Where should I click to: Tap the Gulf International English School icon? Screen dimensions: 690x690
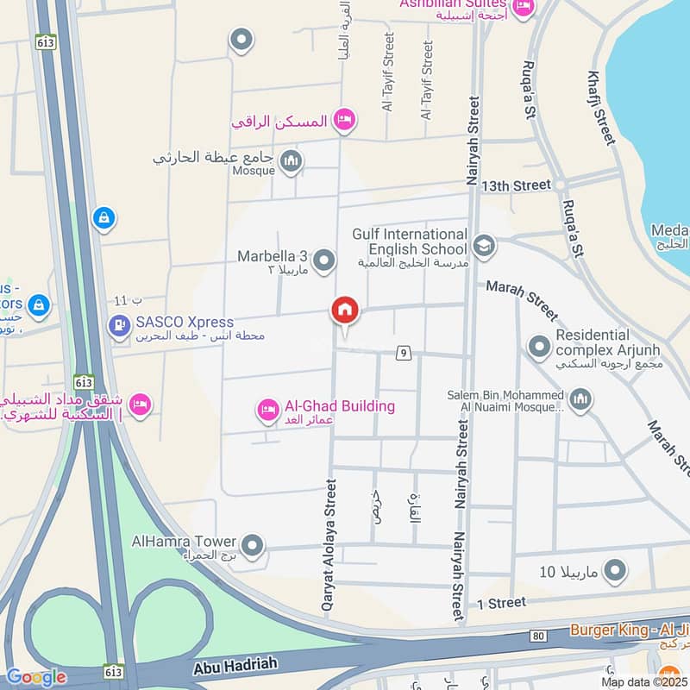pyautogui.click(x=485, y=247)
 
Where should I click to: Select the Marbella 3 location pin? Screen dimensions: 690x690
pyautogui.click(x=323, y=260)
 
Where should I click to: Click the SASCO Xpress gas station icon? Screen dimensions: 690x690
pyautogui.click(x=118, y=326)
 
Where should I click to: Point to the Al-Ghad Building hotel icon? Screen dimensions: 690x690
pyautogui.click(x=268, y=411)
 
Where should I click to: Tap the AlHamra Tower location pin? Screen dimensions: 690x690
pyautogui.click(x=252, y=545)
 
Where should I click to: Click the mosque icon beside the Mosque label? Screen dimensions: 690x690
pyautogui.click(x=292, y=161)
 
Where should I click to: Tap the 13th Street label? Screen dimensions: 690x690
pyautogui.click(x=516, y=185)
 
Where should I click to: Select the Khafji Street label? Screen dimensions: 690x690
pyautogui.click(x=602, y=107)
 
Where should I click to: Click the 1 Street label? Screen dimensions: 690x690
pyautogui.click(x=500, y=602)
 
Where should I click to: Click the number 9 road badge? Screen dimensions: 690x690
pyautogui.click(x=402, y=352)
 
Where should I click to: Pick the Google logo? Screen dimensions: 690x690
pyautogui.click(x=35, y=678)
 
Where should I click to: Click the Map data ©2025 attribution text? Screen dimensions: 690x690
pyautogui.click(x=643, y=681)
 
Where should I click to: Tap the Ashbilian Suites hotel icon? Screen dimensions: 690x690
pyautogui.click(x=523, y=8)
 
